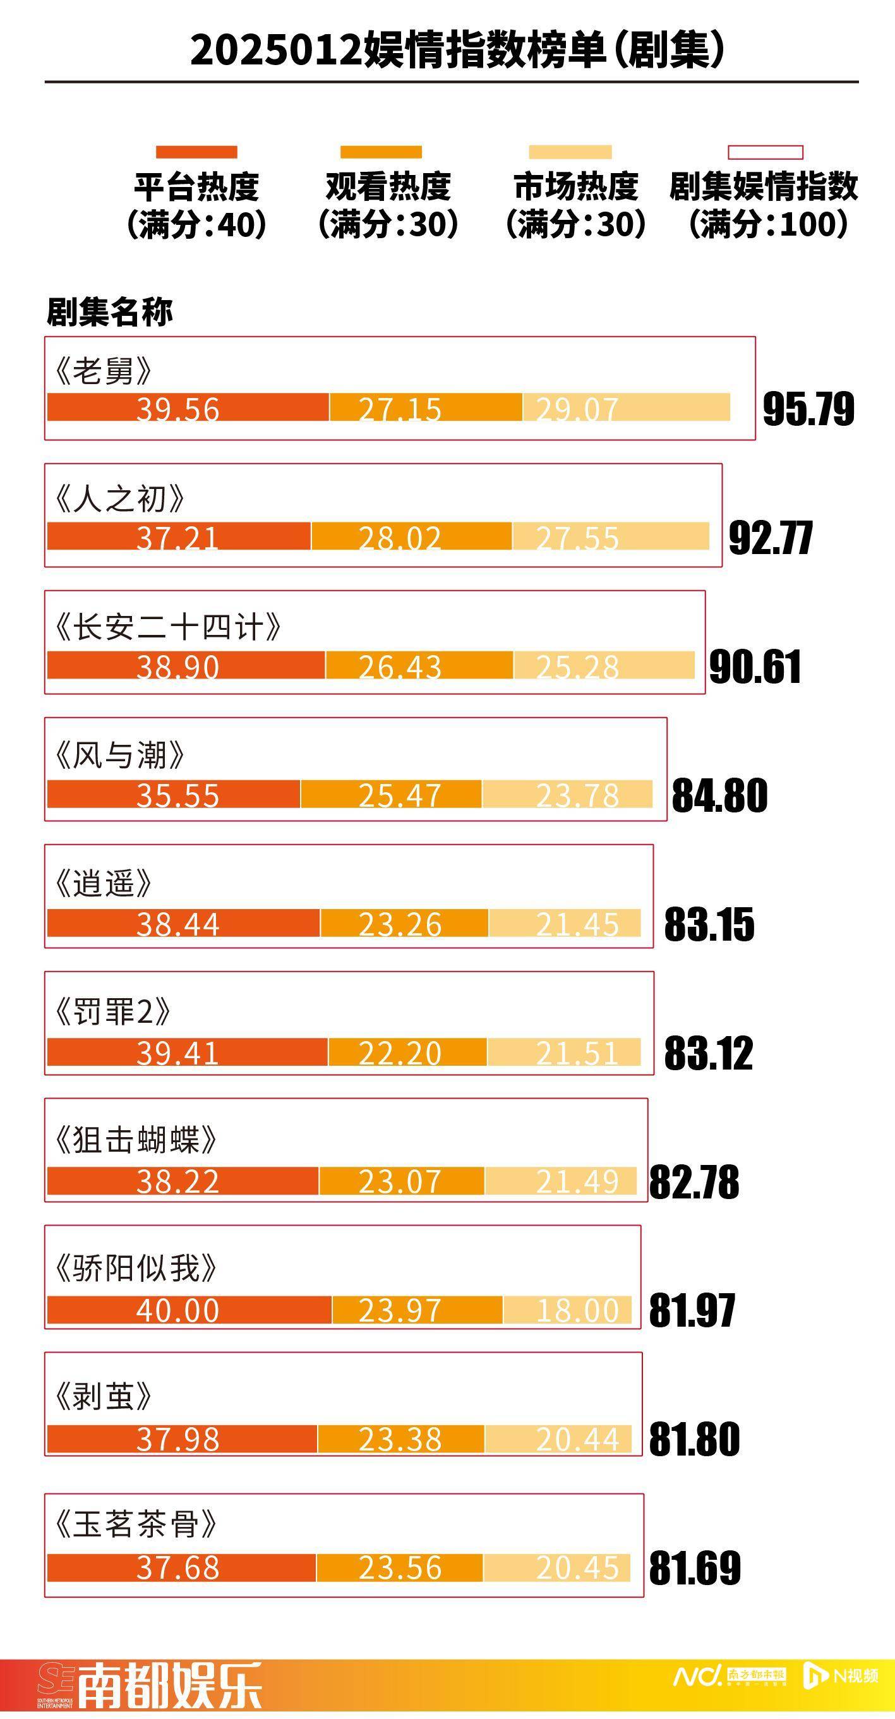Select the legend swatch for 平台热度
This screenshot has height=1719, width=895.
pos(196,152)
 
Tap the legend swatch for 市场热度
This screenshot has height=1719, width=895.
pos(570,152)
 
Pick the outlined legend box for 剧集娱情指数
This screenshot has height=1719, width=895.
pos(765,153)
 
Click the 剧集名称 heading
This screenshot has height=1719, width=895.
pos(109,311)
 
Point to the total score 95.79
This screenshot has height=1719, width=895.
pos(808,409)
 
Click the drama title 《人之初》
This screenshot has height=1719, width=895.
pos(119,498)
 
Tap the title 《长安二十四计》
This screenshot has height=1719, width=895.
pos(167,627)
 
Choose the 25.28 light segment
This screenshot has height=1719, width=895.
pos(604,666)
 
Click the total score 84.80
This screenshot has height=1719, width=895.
pos(719,795)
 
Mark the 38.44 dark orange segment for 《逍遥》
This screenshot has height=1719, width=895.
pos(184,924)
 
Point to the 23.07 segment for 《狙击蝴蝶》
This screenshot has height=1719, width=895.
pos(401,1181)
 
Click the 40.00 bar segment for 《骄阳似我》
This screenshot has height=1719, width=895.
pos(189,1310)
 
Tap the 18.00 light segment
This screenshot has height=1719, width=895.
pos(567,1310)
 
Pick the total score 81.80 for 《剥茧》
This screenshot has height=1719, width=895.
pos(694,1439)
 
